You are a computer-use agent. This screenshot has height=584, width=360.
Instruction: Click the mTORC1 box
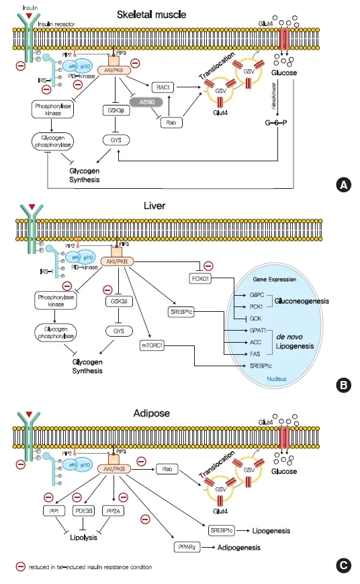pyautogui.click(x=154, y=345)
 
